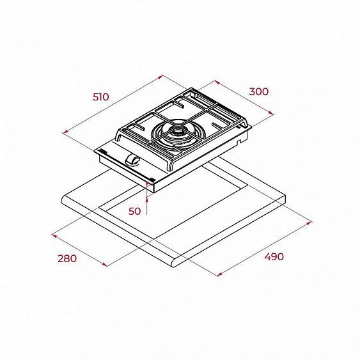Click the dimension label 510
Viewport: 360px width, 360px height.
(100, 97)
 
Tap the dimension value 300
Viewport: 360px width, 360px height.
(258, 91)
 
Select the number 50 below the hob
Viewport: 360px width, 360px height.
(134, 210)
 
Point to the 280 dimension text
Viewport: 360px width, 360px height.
(67, 258)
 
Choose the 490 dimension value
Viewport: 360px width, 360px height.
(274, 256)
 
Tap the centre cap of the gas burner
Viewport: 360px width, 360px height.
(176, 132)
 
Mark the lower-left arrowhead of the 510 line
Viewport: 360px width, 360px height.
(65, 132)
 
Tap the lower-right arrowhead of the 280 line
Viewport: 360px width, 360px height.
(105, 264)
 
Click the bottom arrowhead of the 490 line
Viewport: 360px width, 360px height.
(219, 275)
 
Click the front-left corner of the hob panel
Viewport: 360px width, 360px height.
(95, 151)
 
